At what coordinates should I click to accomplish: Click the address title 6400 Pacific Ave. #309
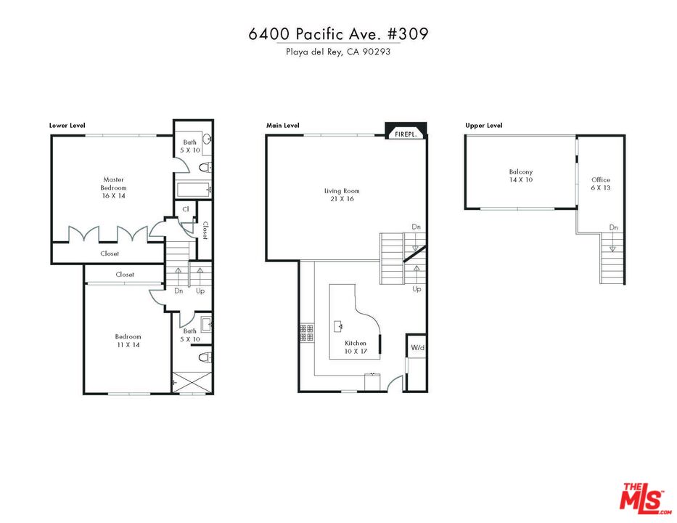pos(338,35)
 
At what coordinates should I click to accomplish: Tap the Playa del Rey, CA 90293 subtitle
pos(338,52)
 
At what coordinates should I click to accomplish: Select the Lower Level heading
pos(67,126)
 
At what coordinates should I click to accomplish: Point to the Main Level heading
pos(283,126)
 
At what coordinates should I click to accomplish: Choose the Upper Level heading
pos(484,126)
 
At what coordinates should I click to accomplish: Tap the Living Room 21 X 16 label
pos(342,195)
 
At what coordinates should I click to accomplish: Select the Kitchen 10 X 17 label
pos(356,347)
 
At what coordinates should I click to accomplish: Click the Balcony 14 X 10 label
pos(520,176)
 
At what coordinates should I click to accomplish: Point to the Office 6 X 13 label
pos(601,184)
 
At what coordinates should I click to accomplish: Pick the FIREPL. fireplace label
pos(405,134)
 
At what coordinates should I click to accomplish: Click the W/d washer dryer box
pos(417,347)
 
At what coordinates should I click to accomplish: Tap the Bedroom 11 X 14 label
pos(128,341)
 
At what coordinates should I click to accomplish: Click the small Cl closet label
pos(186,209)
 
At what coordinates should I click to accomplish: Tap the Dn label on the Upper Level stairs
pos(613,227)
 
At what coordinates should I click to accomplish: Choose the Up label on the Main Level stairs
pos(417,288)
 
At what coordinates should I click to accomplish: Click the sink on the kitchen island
pos(339,326)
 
